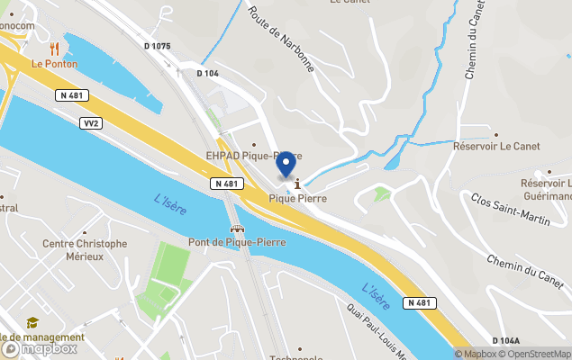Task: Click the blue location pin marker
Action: (286, 165)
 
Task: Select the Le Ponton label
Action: (54, 64)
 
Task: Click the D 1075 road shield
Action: (156, 46)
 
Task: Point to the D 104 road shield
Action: (208, 74)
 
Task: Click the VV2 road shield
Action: (89, 122)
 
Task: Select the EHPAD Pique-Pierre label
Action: (253, 155)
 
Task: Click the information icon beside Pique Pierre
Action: (297, 184)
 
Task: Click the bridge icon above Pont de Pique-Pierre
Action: (236, 229)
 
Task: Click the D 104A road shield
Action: (506, 340)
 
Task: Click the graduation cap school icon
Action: (32, 322)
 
